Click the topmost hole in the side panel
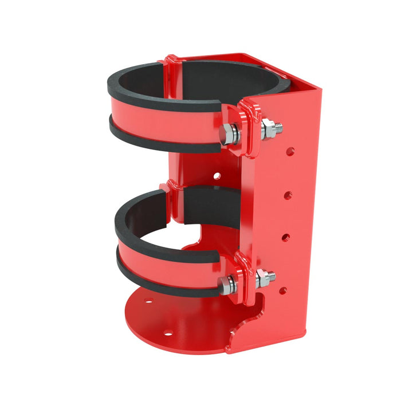coord(291,152)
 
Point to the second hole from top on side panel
coord(288,195)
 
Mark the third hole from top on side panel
coord(286,237)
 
